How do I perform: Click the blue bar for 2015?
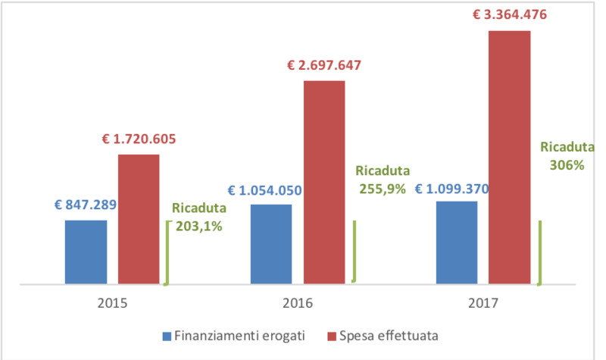(86, 252)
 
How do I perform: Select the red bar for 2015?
(138, 219)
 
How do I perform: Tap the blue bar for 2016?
(270, 244)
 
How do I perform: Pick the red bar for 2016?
(323, 182)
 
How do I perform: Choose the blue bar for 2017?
(456, 243)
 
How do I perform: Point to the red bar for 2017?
(509, 157)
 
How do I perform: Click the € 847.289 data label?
(86, 205)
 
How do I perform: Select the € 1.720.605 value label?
(139, 139)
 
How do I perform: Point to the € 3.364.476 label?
(510, 14)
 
